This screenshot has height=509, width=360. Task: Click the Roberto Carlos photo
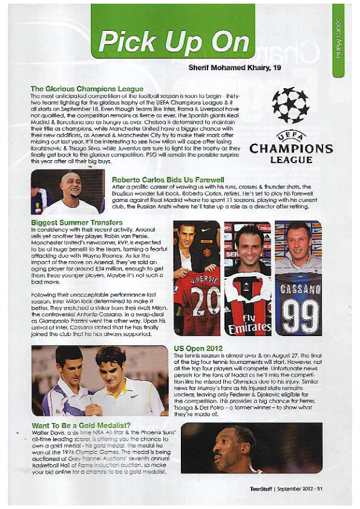(x=67, y=192)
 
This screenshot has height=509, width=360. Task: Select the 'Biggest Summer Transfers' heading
(x=70, y=222)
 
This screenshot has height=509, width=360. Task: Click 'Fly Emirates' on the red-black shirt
(x=247, y=323)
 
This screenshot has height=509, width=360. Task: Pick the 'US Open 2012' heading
(x=198, y=349)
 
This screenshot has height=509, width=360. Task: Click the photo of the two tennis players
(x=99, y=380)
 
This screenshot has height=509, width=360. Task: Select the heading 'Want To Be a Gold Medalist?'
(x=80, y=427)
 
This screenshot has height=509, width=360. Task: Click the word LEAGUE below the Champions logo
(x=291, y=160)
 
